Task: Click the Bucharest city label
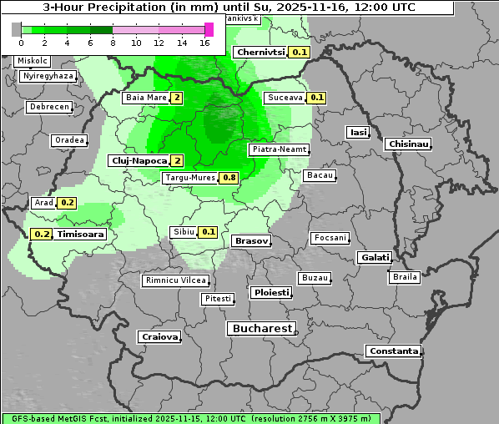tap(261, 329)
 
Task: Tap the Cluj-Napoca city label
tap(138, 160)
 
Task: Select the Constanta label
tap(393, 351)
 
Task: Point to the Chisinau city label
tap(409, 144)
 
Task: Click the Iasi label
tap(358, 133)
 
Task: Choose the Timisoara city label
tap(80, 235)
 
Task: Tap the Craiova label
tap(159, 337)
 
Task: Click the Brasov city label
tap(250, 240)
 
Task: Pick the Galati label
tap(374, 258)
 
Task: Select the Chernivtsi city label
tap(260, 52)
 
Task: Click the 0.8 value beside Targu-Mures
tap(229, 178)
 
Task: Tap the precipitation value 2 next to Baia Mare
tap(177, 98)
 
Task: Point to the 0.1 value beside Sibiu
tap(209, 232)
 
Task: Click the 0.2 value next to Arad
tap(68, 203)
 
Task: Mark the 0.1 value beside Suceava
tap(317, 98)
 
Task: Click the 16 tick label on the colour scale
tap(204, 43)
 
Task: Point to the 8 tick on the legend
tap(113, 43)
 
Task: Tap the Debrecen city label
tap(48, 107)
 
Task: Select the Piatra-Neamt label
tap(279, 149)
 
